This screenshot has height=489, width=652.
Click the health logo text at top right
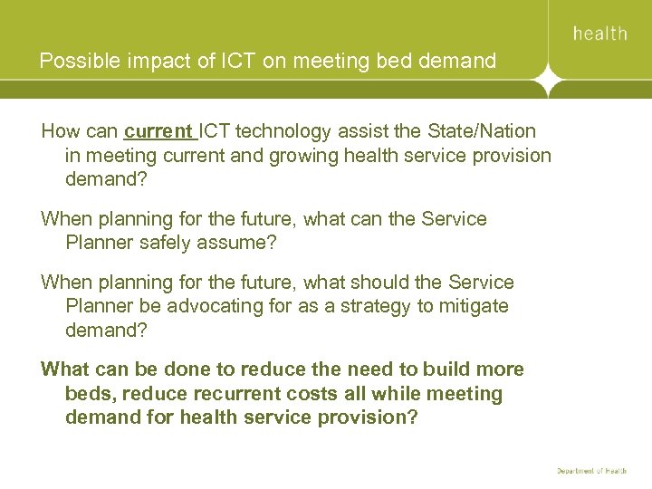(x=599, y=34)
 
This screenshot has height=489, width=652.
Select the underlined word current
(x=158, y=131)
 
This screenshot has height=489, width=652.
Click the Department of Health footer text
(x=591, y=470)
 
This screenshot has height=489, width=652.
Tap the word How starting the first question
(x=60, y=131)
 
